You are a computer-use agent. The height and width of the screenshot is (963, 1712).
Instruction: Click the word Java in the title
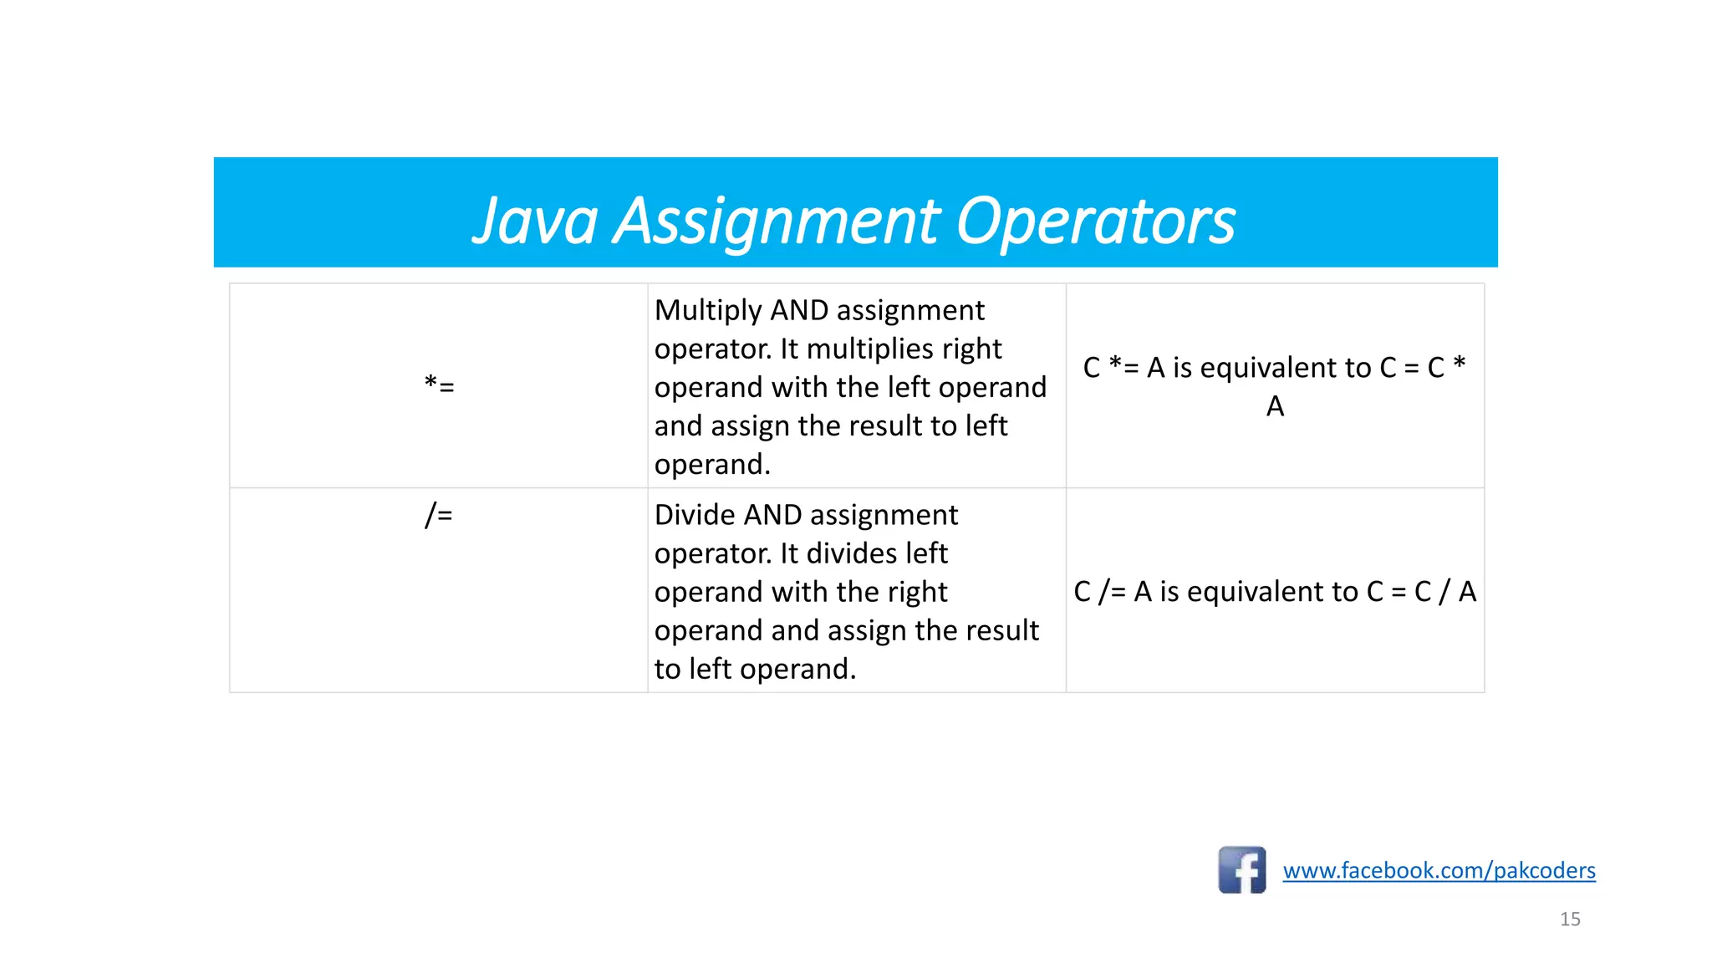click(x=535, y=221)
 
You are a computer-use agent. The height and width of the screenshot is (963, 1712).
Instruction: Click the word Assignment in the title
click(x=777, y=221)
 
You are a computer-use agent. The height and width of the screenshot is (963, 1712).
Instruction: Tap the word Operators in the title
click(x=1094, y=221)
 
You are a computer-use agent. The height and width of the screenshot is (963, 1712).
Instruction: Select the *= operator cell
click(x=439, y=385)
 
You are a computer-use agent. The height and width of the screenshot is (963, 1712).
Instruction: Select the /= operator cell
click(x=439, y=514)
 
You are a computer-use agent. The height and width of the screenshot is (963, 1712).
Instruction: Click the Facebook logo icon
click(x=1241, y=870)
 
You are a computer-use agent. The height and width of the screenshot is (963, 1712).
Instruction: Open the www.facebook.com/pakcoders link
click(x=1439, y=870)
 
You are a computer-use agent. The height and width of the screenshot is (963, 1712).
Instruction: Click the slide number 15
click(x=1570, y=919)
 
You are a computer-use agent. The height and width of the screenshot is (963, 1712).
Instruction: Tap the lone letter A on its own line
click(x=1275, y=406)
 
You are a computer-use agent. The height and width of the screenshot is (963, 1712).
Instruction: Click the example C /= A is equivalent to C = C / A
click(x=1275, y=592)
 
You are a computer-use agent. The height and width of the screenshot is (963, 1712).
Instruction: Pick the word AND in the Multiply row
click(x=799, y=310)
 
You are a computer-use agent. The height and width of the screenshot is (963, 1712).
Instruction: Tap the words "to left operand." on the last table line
click(x=755, y=669)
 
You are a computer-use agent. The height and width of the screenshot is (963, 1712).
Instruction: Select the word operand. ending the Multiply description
click(x=712, y=465)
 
